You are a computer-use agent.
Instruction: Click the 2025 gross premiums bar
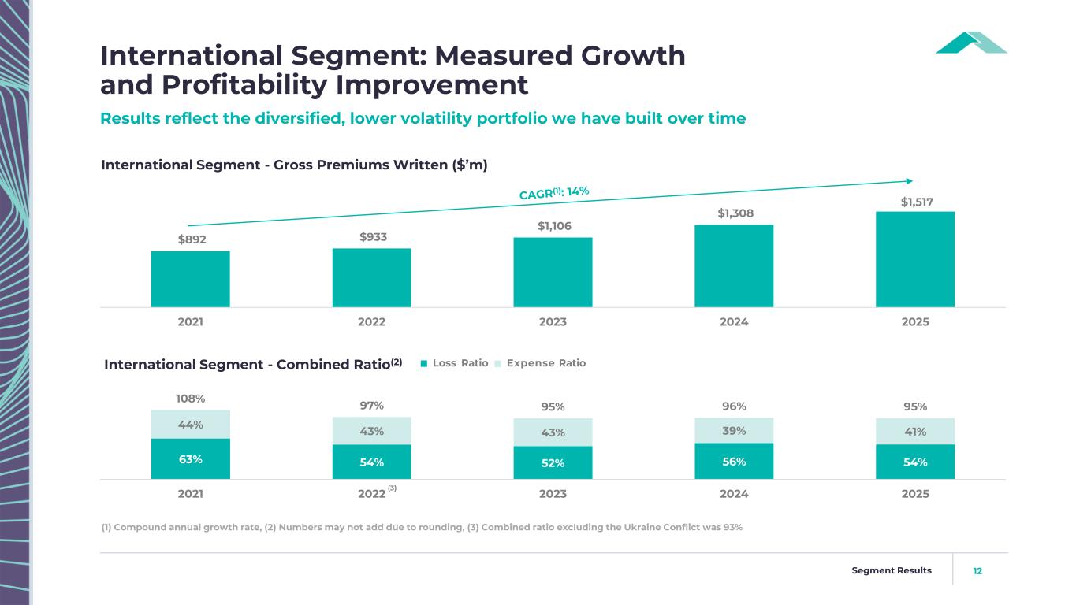(915, 259)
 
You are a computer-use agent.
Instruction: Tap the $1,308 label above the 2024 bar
(734, 213)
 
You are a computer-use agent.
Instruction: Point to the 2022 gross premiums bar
(371, 277)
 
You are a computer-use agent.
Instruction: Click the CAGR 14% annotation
(554, 192)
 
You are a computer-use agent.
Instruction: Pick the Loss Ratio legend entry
(455, 363)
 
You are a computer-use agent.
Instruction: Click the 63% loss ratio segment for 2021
(191, 458)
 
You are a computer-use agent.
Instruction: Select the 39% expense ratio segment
(734, 430)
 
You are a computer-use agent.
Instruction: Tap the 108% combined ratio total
(191, 399)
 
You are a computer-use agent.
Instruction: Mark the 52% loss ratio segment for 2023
(553, 462)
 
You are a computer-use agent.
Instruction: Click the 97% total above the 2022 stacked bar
(371, 406)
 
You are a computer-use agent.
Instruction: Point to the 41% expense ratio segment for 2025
(915, 431)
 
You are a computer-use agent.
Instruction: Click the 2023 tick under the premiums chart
(553, 322)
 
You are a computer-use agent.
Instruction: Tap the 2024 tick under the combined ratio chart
(734, 494)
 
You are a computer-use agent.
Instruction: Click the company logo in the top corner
(971, 43)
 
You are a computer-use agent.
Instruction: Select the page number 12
(977, 570)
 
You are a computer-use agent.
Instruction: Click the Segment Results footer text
(892, 570)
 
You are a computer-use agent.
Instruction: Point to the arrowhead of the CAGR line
(909, 180)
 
